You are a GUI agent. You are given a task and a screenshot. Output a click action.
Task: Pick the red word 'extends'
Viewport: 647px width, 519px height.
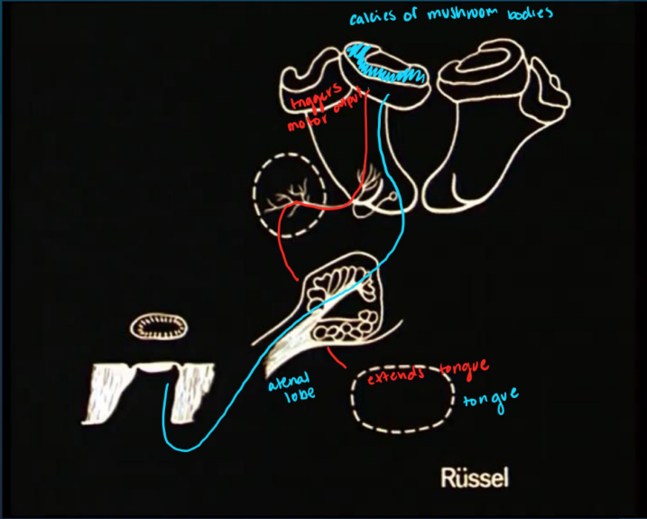(x=398, y=373)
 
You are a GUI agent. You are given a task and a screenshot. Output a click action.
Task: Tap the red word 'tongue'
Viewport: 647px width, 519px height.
(x=465, y=366)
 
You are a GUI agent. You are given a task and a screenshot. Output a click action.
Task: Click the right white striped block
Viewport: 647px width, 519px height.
(x=192, y=390)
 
